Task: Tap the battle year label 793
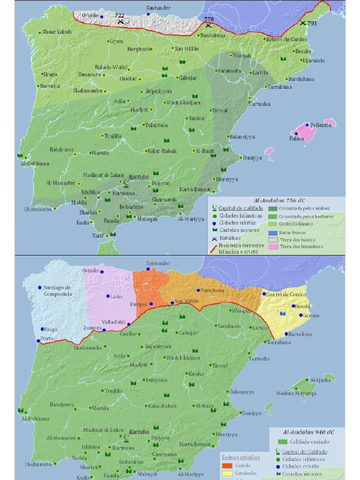click(x=312, y=23)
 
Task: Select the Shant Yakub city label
click(x=57, y=32)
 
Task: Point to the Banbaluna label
click(x=213, y=35)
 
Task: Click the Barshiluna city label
click(x=301, y=79)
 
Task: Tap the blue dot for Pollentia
click(x=307, y=125)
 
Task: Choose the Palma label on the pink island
click(x=296, y=139)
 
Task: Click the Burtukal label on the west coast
click(x=50, y=86)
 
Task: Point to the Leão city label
click(x=116, y=296)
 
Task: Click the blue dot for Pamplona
click(x=198, y=291)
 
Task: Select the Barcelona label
click(x=300, y=334)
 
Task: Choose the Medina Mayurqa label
click(x=296, y=393)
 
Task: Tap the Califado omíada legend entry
click(x=309, y=442)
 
